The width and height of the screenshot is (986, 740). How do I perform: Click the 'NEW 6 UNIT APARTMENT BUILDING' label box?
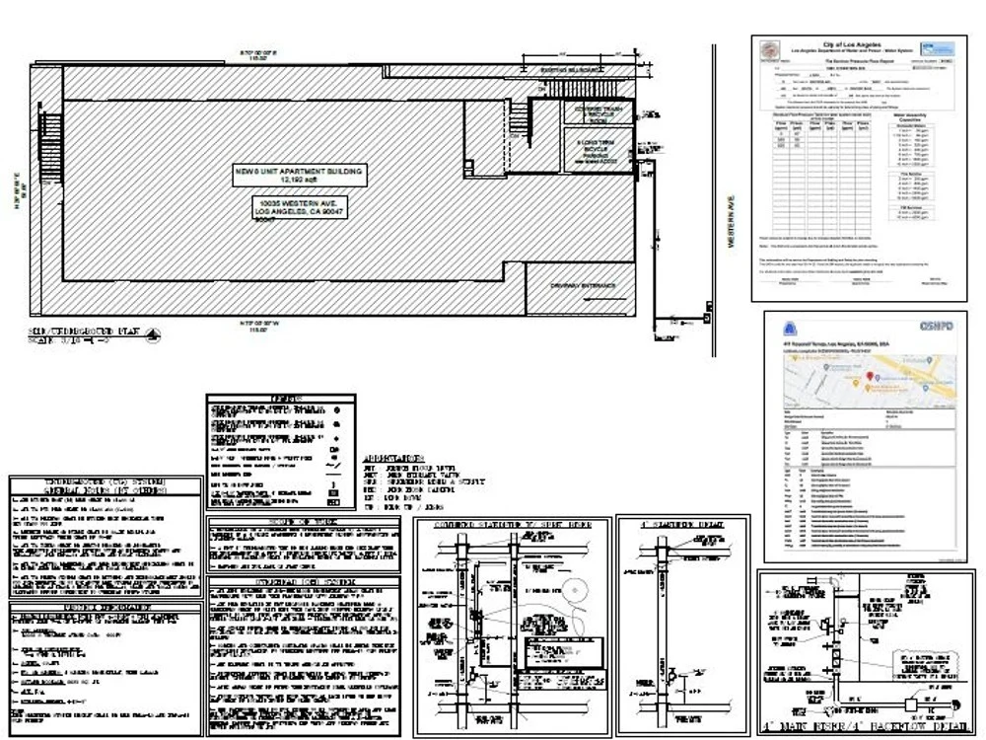pos(299,176)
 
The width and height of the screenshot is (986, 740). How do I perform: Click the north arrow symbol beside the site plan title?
pos(152,336)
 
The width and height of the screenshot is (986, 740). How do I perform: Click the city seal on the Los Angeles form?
pos(768,49)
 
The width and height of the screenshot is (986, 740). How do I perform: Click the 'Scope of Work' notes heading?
pos(303,521)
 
